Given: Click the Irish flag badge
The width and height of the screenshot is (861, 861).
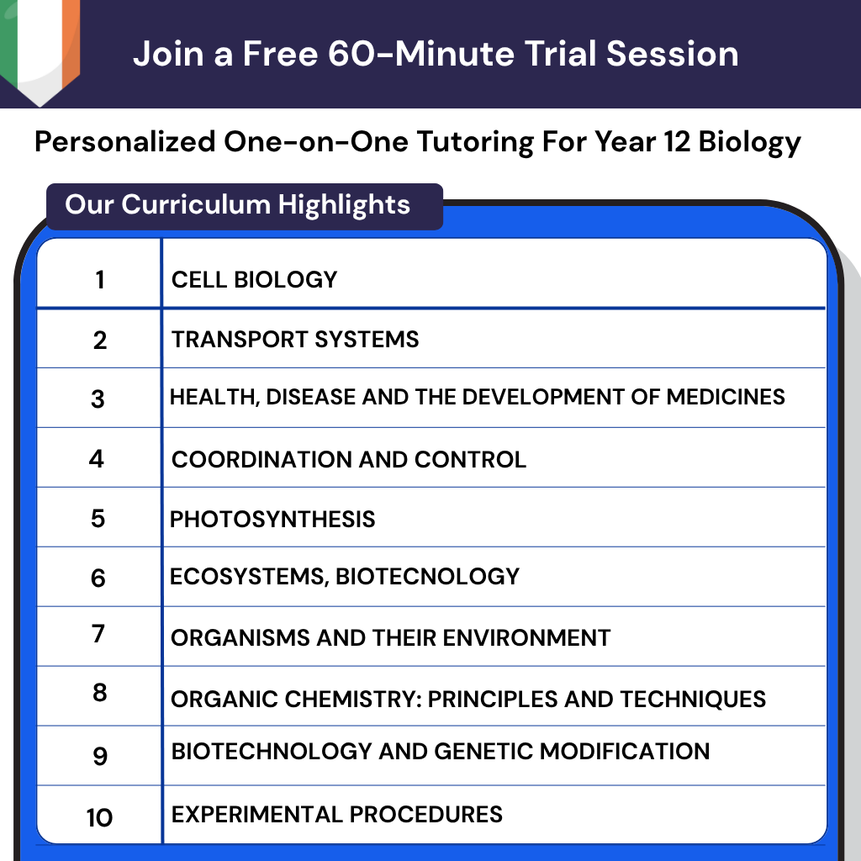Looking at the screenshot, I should pyautogui.click(x=40, y=46).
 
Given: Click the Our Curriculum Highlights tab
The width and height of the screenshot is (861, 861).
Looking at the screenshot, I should pyautogui.click(x=238, y=205).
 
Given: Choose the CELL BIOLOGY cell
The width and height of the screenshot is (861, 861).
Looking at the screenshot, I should pyautogui.click(x=254, y=279).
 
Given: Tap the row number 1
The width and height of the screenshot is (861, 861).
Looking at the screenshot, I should pyautogui.click(x=100, y=280).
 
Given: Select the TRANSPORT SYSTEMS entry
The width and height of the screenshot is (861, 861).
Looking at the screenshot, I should pyautogui.click(x=295, y=340).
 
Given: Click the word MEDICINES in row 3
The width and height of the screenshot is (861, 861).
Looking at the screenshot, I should pyautogui.click(x=726, y=397).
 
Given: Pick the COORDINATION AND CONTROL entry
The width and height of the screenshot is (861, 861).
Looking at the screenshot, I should pyautogui.click(x=348, y=460).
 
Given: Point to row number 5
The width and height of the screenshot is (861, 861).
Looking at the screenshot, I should pyautogui.click(x=98, y=518).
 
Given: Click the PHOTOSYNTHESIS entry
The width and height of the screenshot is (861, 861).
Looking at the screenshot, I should pyautogui.click(x=272, y=519).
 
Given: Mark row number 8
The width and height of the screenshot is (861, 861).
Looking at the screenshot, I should pyautogui.click(x=99, y=695).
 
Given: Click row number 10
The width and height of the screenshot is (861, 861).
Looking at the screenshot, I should pyautogui.click(x=99, y=817).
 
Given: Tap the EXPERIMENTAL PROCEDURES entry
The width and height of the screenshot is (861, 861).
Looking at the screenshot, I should pyautogui.click(x=336, y=815).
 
